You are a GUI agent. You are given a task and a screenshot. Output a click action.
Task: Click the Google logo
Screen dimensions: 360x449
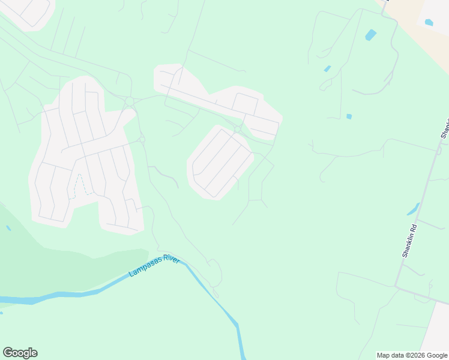pos(20,353)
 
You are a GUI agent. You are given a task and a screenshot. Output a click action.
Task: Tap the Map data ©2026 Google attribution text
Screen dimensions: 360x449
pos(412,355)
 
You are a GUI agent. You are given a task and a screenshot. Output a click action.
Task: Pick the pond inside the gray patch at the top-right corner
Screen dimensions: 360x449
pos(429,23)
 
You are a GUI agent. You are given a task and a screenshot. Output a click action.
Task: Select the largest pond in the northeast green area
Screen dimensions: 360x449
pos(371,35)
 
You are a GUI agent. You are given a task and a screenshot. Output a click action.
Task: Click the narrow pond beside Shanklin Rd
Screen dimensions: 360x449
pos(413,209)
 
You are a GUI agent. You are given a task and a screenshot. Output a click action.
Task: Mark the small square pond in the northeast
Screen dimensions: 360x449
pos(349,116)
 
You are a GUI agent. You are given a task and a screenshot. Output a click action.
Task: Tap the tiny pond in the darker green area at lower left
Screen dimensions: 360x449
pos(8,228)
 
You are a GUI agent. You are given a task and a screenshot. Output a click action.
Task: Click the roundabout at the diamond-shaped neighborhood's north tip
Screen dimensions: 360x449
pos(238,129)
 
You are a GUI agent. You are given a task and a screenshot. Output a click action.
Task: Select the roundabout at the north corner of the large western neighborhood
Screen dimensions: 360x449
pos(129,101)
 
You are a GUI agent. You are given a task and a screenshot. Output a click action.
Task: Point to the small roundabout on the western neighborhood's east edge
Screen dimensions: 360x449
pos(142,140)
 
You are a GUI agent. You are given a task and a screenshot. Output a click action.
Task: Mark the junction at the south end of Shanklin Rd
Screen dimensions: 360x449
pos(396,286)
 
